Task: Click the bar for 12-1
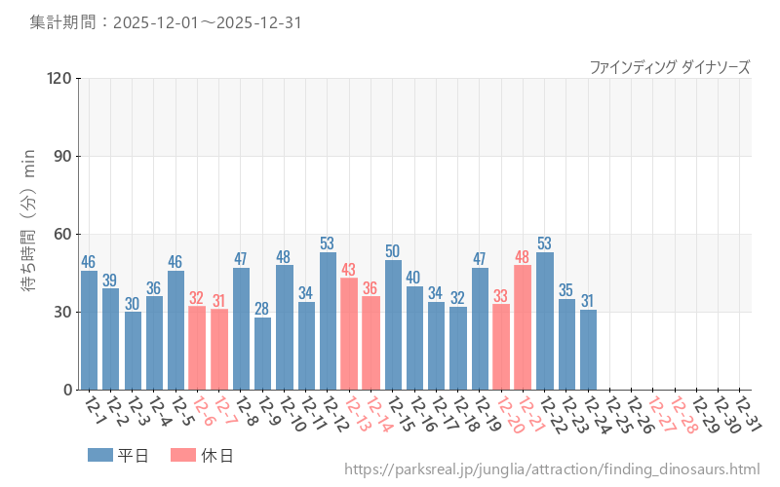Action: click(89, 330)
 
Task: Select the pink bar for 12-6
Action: click(197, 348)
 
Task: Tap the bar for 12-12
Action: click(328, 320)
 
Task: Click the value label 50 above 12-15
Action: click(393, 251)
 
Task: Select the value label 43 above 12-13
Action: click(349, 269)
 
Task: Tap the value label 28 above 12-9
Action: click(262, 309)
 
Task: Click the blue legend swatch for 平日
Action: click(100, 455)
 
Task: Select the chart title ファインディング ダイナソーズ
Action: click(670, 66)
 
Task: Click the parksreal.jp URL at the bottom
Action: click(552, 470)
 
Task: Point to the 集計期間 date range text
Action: click(165, 21)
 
